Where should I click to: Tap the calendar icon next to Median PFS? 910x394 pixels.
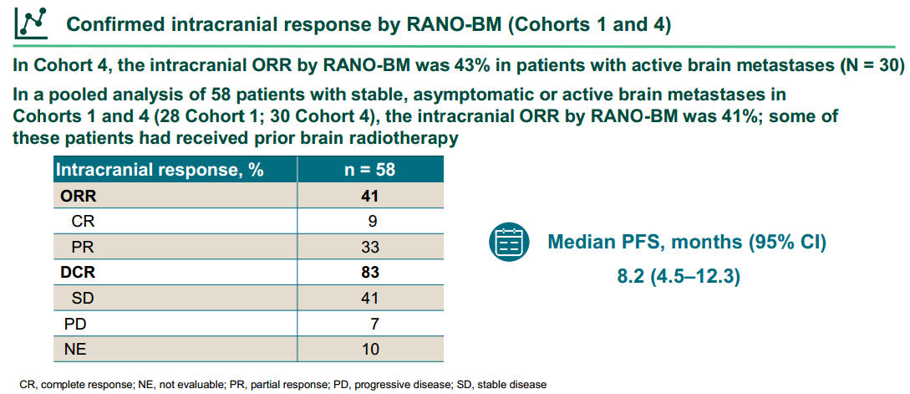509,243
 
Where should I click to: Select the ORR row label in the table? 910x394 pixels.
78,197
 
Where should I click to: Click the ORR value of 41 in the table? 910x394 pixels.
369,197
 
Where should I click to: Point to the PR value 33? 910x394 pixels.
369,247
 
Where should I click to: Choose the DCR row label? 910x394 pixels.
78,272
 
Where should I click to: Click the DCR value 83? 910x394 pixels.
369,272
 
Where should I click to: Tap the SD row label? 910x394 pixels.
83,298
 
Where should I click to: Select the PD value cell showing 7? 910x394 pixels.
374,323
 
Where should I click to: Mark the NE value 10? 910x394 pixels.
369,349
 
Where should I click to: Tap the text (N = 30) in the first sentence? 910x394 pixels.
872,64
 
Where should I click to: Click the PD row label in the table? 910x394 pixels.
74,323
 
